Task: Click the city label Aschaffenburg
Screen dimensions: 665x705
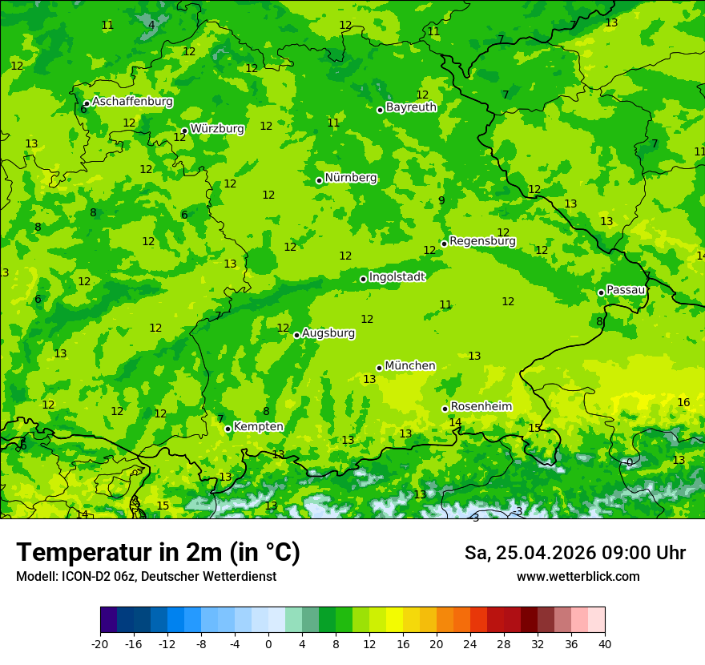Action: pos(132,102)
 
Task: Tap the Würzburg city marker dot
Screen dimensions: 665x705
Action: pos(184,131)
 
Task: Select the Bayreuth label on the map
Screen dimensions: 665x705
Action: pos(411,107)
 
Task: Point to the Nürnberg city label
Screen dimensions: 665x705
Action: pos(350,177)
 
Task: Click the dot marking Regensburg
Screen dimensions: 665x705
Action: pos(444,244)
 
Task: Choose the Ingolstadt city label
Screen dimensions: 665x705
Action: pos(397,276)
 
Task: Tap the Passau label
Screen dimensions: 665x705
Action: pos(626,289)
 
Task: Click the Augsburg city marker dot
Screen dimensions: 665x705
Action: pos(296,335)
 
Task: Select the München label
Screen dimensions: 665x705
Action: pos(409,365)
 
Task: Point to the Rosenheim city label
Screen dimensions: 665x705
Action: pos(481,406)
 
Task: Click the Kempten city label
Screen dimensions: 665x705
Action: pos(258,426)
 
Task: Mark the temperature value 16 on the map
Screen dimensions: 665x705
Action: pos(683,402)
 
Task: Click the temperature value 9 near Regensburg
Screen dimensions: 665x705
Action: pos(441,201)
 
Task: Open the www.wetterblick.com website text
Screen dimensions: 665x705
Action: pos(578,576)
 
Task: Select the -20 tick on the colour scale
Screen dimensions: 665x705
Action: pos(100,643)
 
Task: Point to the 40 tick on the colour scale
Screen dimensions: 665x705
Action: pos(604,643)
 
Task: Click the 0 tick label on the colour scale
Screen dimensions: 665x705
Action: pos(268,643)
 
